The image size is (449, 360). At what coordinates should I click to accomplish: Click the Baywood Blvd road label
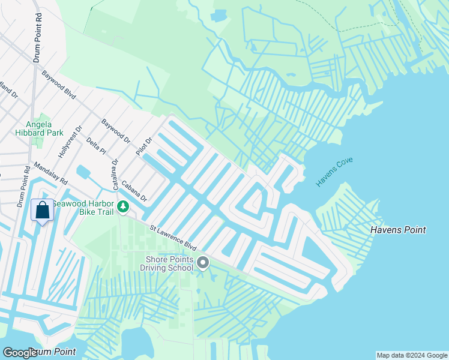[58, 85]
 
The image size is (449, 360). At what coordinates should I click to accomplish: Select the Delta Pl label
[95, 145]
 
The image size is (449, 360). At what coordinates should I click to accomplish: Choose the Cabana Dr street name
[134, 191]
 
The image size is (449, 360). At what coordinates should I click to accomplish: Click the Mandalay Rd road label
[50, 174]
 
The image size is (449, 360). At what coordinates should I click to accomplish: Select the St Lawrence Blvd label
[173, 238]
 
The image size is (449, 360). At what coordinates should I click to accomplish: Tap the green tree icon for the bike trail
[123, 207]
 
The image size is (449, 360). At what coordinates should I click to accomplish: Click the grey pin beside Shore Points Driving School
[203, 262]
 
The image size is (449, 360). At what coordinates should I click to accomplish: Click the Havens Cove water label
[335, 172]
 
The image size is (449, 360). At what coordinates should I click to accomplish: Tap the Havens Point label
[398, 230]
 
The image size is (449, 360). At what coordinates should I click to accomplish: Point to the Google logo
[19, 352]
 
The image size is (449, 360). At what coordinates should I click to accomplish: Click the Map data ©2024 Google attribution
[412, 355]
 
